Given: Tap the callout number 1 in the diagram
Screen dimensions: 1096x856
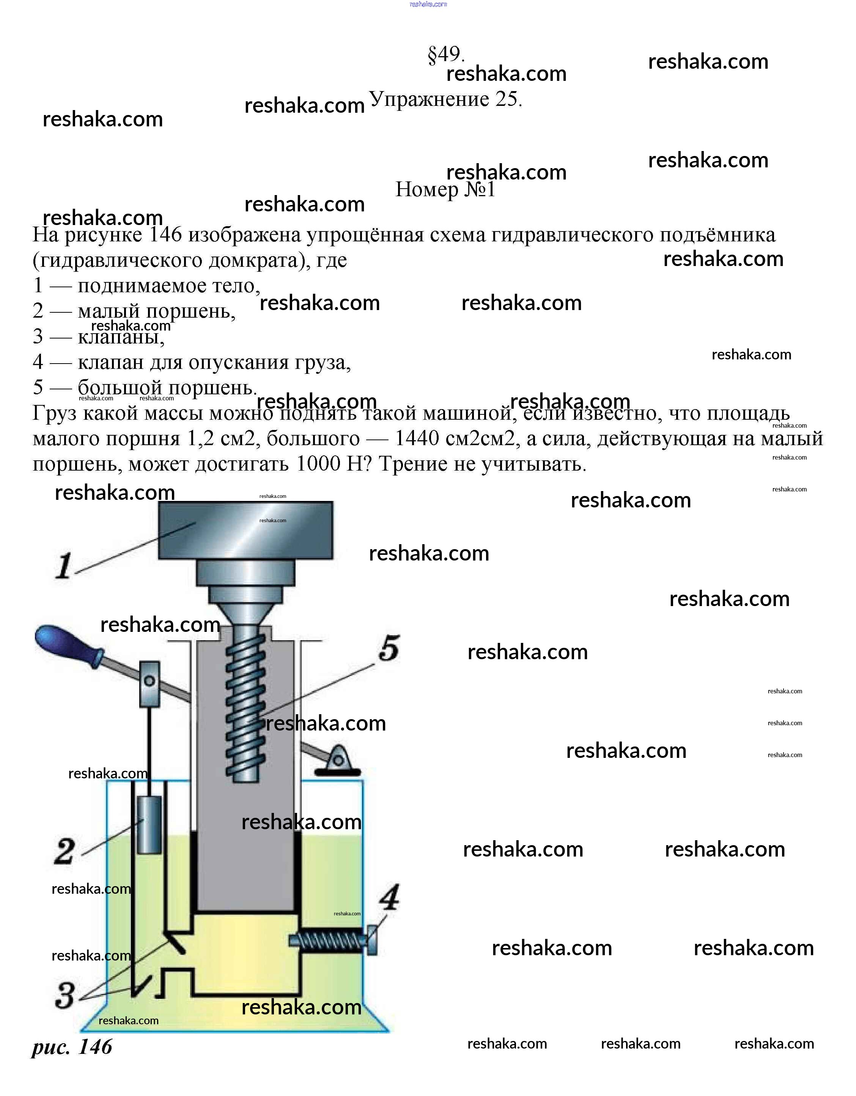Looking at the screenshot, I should [x=64, y=566].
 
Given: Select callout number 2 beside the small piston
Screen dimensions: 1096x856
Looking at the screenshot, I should [x=65, y=851].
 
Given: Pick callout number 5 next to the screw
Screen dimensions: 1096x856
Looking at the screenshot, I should [x=389, y=648].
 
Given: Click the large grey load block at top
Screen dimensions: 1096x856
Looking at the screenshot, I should [x=245, y=531].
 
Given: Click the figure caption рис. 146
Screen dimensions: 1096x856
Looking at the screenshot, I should [x=72, y=1046].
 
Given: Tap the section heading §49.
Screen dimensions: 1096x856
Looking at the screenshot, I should [x=445, y=54].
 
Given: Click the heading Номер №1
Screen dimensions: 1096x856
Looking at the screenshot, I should [x=445, y=190].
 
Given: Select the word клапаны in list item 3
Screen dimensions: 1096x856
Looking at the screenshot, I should [x=121, y=337].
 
